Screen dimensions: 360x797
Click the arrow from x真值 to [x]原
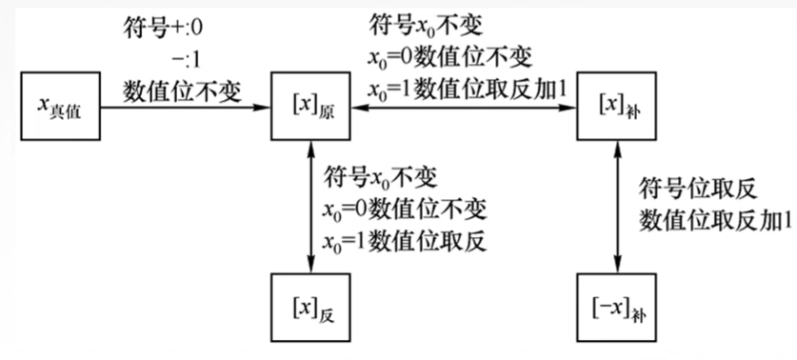click(x=181, y=107)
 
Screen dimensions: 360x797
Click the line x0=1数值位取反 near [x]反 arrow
click(x=406, y=241)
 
